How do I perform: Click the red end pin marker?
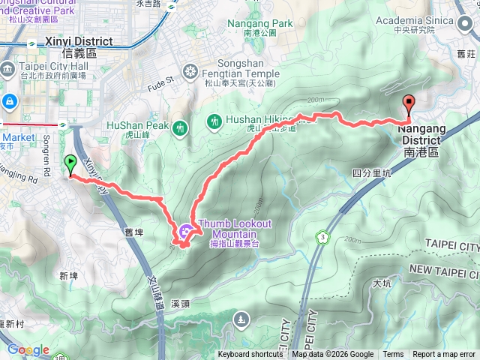409,105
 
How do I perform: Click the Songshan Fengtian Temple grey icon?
190,72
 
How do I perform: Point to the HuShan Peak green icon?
179,127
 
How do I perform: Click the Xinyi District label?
79,46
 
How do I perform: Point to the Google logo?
28,350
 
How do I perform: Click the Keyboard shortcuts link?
250,355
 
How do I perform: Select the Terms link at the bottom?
393,355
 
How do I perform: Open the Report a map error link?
445,355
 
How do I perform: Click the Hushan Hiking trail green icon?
214,120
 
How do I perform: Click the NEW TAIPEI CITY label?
444,268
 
